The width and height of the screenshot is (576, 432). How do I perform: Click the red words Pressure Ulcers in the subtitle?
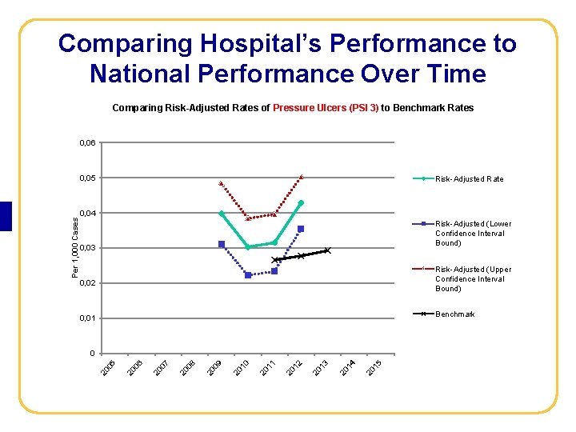click(324, 107)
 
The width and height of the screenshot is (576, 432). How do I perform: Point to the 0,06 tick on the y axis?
click(87, 142)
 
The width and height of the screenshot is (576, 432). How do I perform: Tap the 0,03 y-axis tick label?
click(87, 248)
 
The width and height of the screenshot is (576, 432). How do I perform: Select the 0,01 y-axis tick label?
click(87, 318)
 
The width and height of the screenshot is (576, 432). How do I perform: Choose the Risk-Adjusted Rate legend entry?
click(469, 178)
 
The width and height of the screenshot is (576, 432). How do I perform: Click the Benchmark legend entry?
click(454, 314)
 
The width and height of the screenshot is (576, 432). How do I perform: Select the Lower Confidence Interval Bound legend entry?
click(473, 233)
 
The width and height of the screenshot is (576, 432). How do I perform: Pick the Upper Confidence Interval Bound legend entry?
click(473, 278)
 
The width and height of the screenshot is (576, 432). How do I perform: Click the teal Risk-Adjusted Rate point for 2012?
click(301, 202)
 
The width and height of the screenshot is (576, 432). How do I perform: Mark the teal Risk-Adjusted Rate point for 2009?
click(222, 213)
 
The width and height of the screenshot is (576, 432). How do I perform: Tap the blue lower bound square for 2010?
click(248, 275)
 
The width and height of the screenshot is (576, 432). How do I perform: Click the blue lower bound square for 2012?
click(301, 229)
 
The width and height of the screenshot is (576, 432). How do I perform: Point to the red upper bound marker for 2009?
click(222, 183)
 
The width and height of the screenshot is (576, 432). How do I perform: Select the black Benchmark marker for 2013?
click(327, 250)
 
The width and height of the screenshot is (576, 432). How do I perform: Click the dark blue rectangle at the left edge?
click(6, 216)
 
